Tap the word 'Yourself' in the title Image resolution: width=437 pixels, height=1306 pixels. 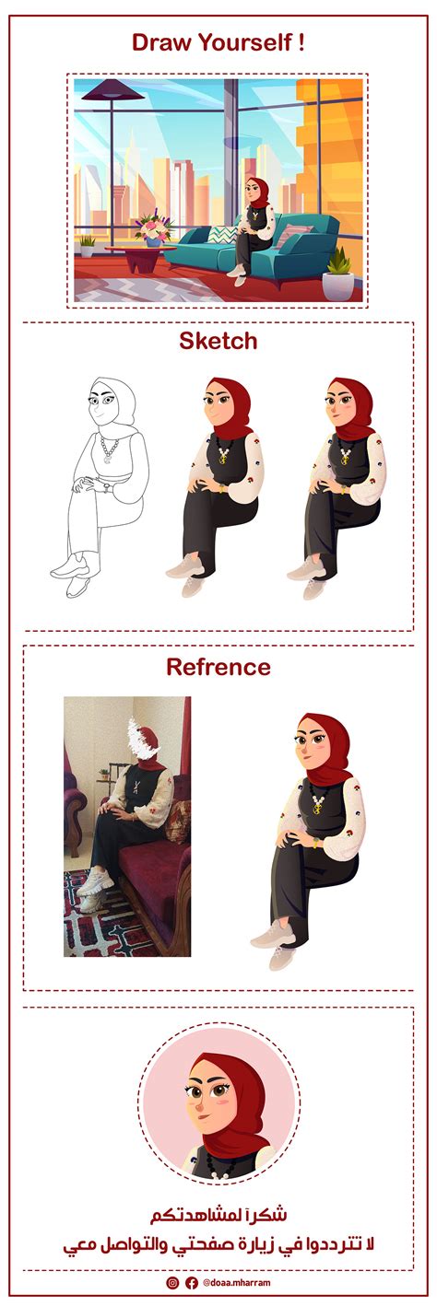[244, 42]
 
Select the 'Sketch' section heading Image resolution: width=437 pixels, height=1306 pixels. [218, 342]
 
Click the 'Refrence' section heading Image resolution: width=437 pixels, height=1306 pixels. [218, 667]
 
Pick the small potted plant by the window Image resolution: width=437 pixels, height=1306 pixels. [87, 245]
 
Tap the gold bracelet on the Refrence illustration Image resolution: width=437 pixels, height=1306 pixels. [316, 841]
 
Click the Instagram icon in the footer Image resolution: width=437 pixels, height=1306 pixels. [172, 1282]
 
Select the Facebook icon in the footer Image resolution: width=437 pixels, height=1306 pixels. [191, 1282]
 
